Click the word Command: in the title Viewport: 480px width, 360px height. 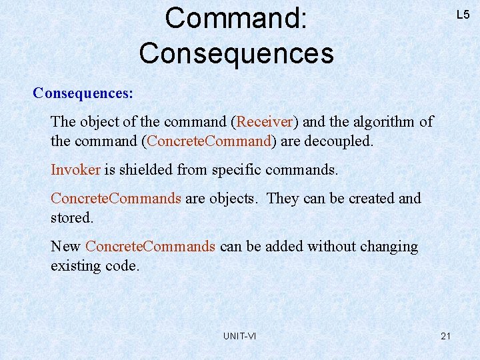(x=236, y=19)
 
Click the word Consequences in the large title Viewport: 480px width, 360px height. (x=236, y=53)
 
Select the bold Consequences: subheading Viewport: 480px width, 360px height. (x=83, y=93)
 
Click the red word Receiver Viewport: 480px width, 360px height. (x=265, y=122)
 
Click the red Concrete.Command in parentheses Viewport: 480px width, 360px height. (x=209, y=141)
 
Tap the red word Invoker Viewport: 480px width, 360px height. (x=75, y=170)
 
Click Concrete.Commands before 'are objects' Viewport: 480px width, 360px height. (x=116, y=199)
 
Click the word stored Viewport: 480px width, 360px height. (x=71, y=218)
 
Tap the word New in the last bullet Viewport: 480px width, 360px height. (x=65, y=247)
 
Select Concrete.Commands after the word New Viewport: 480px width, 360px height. (x=151, y=247)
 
